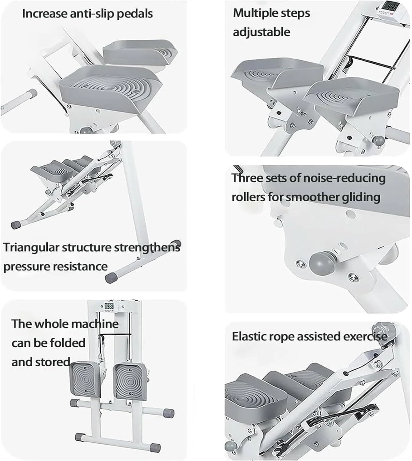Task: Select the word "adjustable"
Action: [x=261, y=32]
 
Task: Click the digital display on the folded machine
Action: [x=109, y=306]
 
